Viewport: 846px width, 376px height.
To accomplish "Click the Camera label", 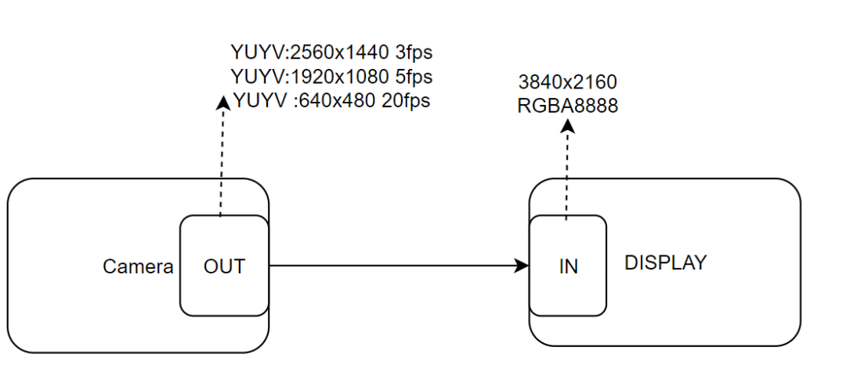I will pos(138,266).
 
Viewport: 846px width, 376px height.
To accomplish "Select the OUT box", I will pos(224,266).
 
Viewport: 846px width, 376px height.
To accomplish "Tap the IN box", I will pos(568,266).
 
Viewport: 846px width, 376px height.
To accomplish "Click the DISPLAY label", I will pos(665,262).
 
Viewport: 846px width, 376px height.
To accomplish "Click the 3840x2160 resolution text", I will pos(568,82).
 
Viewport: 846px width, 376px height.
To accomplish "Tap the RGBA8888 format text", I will pos(568,106).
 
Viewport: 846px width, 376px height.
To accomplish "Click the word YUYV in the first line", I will pos(258,53).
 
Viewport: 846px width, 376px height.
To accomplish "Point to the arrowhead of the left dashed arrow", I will pos(222,102).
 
